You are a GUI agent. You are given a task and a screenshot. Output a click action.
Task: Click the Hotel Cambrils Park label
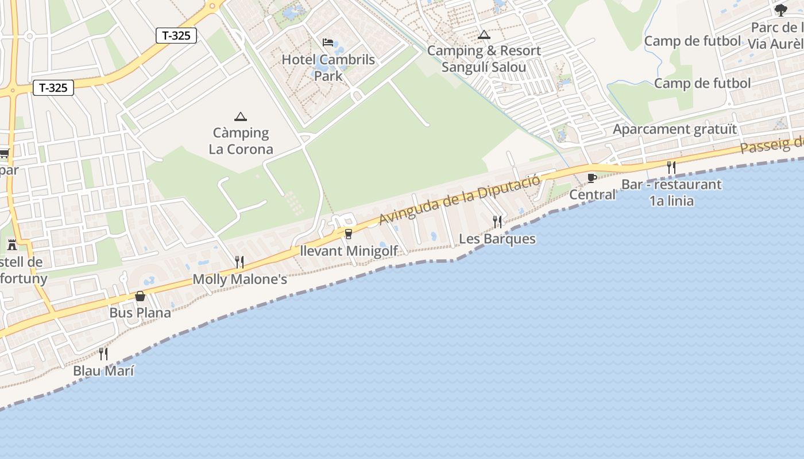328,67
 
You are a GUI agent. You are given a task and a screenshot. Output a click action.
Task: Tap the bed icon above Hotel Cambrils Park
328,42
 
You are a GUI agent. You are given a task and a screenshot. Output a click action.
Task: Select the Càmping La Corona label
241,141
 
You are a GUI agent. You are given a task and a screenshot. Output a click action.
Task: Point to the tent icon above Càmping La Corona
241,116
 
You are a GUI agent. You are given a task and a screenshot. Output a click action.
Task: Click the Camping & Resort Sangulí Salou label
484,59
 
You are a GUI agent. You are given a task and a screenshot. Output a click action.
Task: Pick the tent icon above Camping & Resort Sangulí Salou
484,34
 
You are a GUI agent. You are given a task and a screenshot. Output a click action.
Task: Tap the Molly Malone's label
239,279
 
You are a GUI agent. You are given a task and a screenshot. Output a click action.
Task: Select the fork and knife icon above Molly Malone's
239,262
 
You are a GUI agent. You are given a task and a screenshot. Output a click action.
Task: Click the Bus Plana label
140,313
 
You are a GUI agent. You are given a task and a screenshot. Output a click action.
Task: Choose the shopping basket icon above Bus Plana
140,296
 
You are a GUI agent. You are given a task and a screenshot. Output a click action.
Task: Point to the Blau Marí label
103,371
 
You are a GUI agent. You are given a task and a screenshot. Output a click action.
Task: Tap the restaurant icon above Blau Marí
103,353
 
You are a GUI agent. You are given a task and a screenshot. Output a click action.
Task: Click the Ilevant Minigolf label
349,251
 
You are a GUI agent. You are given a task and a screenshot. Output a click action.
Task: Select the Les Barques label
497,239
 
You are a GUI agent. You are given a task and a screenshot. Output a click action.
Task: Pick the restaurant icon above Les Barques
497,221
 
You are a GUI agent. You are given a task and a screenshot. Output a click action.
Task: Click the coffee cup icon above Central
592,178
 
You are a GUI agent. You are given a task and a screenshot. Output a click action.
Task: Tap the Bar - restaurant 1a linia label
671,193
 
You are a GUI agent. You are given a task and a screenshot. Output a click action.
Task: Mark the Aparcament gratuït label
674,129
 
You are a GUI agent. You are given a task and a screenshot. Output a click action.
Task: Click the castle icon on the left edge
12,245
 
